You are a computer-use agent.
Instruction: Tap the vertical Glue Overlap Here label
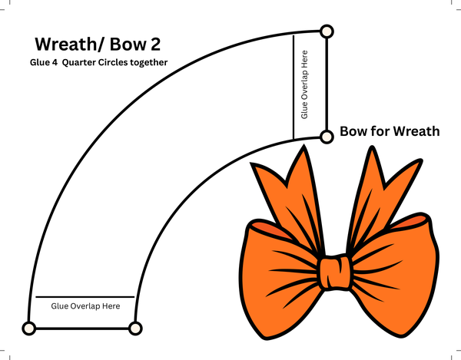[305, 84]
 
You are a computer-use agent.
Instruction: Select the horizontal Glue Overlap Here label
[85, 306]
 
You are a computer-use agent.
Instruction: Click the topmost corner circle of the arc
[327, 31]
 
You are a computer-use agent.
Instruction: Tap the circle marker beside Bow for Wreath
[327, 136]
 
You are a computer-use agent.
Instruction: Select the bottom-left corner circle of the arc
[28, 329]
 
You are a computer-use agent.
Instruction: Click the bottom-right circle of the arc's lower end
[135, 329]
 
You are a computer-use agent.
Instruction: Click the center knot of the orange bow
[335, 272]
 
